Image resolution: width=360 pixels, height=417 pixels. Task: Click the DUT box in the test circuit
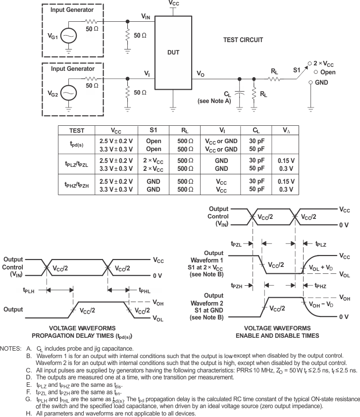point(173,52)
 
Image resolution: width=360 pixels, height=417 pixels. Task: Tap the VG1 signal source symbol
point(69,36)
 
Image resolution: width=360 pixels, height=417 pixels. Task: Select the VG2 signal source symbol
point(69,93)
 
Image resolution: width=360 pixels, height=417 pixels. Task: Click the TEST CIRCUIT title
point(244,40)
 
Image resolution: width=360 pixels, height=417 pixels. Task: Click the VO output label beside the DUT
point(200,74)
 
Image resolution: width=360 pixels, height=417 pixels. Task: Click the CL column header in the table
point(256,131)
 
